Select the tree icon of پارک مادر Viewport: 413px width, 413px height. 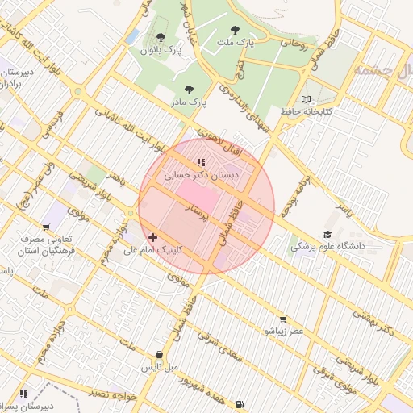pos(189,90)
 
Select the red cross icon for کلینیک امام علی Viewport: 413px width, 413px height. pos(153,237)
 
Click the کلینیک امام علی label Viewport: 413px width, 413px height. pos(152,249)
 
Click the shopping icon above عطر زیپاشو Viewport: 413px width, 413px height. pos(286,319)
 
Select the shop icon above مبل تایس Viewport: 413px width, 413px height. pos(160,355)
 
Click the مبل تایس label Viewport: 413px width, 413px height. pos(159,367)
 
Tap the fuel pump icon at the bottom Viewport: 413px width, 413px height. pos(240,403)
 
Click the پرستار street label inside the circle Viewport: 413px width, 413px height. pos(198,214)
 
